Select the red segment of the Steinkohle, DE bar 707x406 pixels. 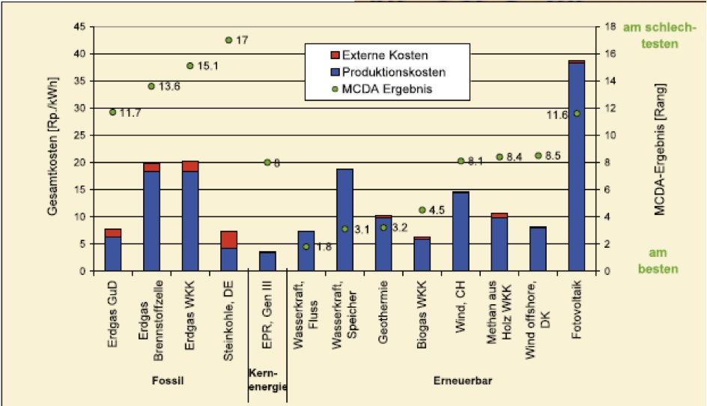point(229,239)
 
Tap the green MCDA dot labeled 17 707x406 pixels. point(228,40)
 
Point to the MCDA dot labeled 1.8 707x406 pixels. point(306,246)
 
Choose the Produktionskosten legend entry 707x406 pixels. point(386,73)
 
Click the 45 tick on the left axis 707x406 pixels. point(81,28)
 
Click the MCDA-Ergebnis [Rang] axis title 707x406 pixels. point(660,149)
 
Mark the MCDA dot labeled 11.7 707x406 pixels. point(112,112)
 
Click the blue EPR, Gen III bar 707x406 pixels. point(267,261)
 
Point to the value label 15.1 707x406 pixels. point(207,66)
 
